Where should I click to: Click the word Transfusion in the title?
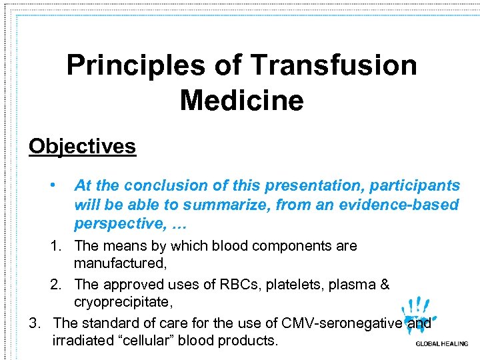pos(334,66)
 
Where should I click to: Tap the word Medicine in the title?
pos(241,101)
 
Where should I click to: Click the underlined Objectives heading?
pos(82,146)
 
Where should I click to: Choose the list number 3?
pos(35,323)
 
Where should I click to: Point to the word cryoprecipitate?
pos(123,303)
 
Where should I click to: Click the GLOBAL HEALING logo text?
pos(441,345)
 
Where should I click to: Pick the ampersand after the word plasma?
pos(384,285)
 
